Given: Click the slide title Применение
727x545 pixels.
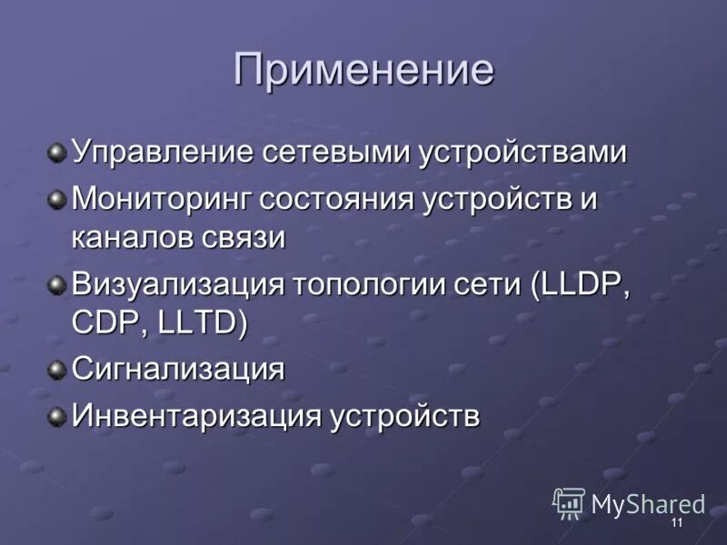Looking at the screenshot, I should (363, 71).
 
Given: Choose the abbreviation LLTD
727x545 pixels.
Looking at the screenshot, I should (197, 325).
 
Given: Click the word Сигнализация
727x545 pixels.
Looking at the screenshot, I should (178, 370).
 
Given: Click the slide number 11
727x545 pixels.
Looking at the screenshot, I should (676, 525).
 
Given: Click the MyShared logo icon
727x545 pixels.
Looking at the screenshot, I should (569, 502).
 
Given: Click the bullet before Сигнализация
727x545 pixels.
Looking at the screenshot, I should (57, 369).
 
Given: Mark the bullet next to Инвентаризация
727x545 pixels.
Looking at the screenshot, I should (57, 416).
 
